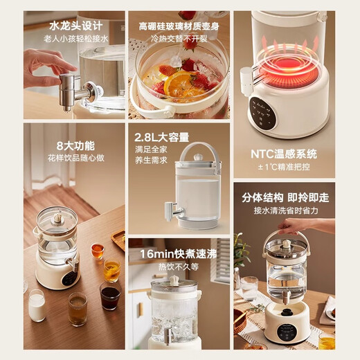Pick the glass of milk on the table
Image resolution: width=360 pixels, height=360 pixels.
37,305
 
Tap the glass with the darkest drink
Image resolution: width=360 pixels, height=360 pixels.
110,296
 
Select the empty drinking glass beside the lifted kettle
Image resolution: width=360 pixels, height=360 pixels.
249,287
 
